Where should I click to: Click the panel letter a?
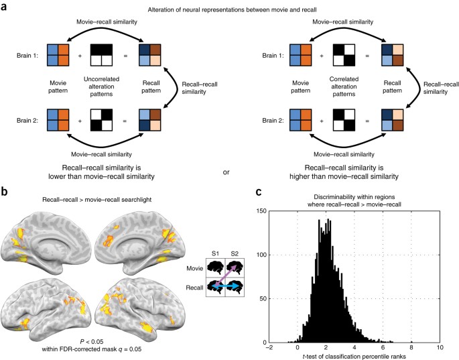5,6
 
